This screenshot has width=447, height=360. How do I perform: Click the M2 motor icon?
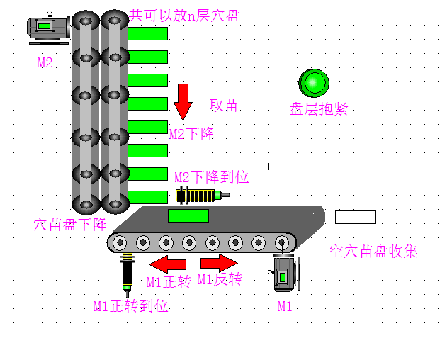pyautogui.click(x=48, y=28)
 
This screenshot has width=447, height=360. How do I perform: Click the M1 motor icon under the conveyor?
pyautogui.click(x=284, y=274)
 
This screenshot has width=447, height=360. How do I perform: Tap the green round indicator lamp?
pyautogui.click(x=314, y=83)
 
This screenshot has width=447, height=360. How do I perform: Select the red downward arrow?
pyautogui.click(x=183, y=102)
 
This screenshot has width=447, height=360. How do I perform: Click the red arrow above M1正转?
pyautogui.click(x=168, y=264)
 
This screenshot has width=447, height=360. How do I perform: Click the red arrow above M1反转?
pyautogui.click(x=219, y=263)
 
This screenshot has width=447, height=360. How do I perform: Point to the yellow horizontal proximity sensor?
pyautogui.click(x=203, y=196)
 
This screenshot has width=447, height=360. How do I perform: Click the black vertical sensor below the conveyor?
pyautogui.click(x=127, y=274)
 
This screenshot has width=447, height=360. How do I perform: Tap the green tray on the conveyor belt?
pyautogui.click(x=188, y=215)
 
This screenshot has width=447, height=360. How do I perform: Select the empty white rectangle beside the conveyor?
pyautogui.click(x=356, y=217)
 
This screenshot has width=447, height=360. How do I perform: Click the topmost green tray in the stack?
pyautogui.click(x=147, y=33)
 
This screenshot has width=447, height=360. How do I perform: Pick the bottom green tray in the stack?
pyautogui.click(x=147, y=198)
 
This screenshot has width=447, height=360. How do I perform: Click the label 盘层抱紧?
pyautogui.click(x=319, y=109)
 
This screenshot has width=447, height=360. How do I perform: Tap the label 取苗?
pyautogui.click(x=224, y=106)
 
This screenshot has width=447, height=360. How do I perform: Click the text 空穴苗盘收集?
pyautogui.click(x=373, y=252)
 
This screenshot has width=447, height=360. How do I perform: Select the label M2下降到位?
pyautogui.click(x=212, y=177)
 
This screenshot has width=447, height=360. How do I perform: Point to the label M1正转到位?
pyautogui.click(x=131, y=306)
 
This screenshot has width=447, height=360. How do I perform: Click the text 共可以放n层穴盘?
pyautogui.click(x=184, y=16)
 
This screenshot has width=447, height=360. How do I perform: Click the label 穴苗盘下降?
pyautogui.click(x=70, y=225)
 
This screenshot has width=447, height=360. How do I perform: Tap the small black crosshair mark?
pyautogui.click(x=268, y=167)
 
